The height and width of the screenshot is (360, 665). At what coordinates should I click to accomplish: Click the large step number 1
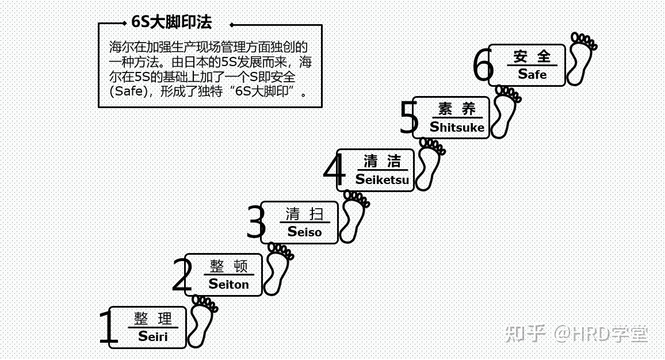click(x=108, y=328)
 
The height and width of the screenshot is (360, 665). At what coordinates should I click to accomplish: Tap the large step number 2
click(x=182, y=276)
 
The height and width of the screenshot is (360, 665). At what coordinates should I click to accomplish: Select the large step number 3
click(x=256, y=223)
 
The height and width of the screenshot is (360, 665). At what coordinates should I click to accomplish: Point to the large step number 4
click(x=334, y=171)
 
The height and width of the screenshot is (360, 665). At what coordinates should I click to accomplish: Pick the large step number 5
click(x=408, y=118)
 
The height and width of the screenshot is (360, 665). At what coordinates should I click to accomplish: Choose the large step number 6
click(x=483, y=66)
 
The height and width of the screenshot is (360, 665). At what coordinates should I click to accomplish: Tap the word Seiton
click(x=229, y=284)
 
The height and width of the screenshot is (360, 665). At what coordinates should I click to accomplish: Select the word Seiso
click(x=305, y=232)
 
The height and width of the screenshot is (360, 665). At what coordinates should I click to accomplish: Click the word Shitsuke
click(x=457, y=127)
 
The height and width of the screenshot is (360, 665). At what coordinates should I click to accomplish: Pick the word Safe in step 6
click(x=532, y=74)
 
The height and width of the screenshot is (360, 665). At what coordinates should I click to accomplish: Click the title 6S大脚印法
click(x=171, y=22)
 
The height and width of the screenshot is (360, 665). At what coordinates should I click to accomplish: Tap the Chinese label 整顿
click(x=229, y=266)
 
